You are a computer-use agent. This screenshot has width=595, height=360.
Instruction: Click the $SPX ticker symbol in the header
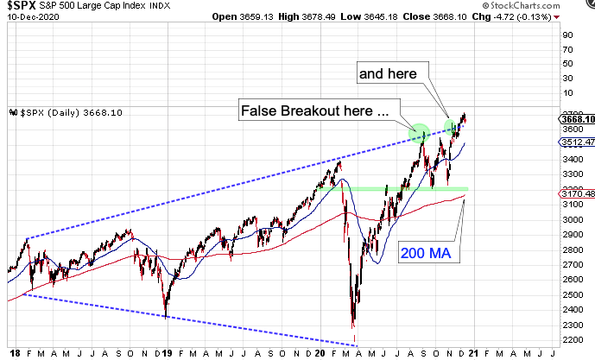coord(20,5)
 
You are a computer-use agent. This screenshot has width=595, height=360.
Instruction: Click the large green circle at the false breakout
coord(419,133)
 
